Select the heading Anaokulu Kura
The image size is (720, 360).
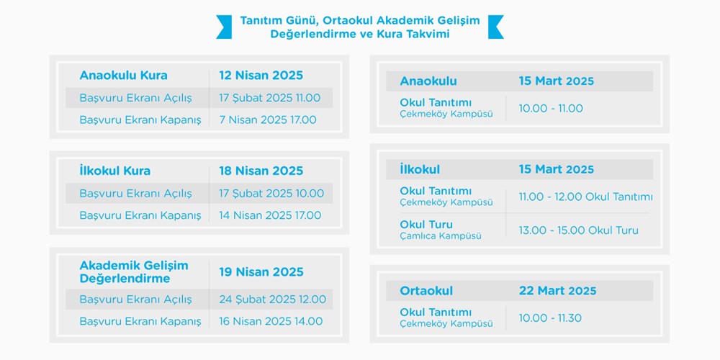pos(124,76)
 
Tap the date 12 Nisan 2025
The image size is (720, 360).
pos(261,76)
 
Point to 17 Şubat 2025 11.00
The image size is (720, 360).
pos(269,98)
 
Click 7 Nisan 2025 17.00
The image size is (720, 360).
pos(268,120)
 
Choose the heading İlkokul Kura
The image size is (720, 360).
pos(114,171)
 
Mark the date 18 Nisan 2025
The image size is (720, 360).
pos(261,171)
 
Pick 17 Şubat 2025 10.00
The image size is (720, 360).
pos(271,193)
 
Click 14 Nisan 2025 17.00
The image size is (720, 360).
pos(270,215)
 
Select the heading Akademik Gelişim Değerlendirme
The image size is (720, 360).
pos(134,272)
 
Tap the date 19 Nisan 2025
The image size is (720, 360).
pos(261,272)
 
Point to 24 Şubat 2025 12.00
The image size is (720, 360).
pos(273,300)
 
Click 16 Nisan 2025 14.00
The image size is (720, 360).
pos(271,321)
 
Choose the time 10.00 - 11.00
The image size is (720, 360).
pos(551,109)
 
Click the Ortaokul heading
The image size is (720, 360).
pos(426,291)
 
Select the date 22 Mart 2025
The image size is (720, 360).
pos(557,291)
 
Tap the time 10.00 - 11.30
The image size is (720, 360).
pos(550,318)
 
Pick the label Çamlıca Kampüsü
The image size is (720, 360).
pos(441,236)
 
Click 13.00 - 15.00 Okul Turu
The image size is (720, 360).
pos(579,230)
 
